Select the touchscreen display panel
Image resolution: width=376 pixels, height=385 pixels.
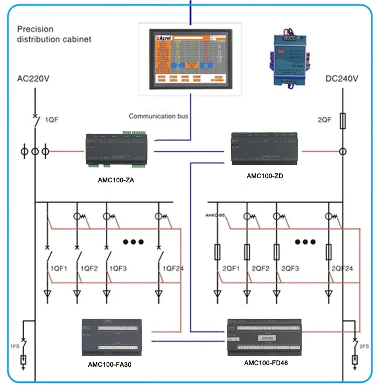click(189, 58)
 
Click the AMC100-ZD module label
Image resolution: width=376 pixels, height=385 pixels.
click(265, 176)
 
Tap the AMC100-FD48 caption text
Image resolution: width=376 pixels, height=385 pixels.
click(266, 362)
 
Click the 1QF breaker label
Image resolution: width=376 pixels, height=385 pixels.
click(51, 120)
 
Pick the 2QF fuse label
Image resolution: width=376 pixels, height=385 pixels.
click(324, 120)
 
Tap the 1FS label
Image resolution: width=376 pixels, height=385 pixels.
click(14, 346)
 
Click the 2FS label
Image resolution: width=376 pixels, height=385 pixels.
click(364, 346)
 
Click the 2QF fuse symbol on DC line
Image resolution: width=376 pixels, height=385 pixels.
click(343, 123)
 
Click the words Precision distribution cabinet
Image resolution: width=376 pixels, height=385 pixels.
click(54, 34)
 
